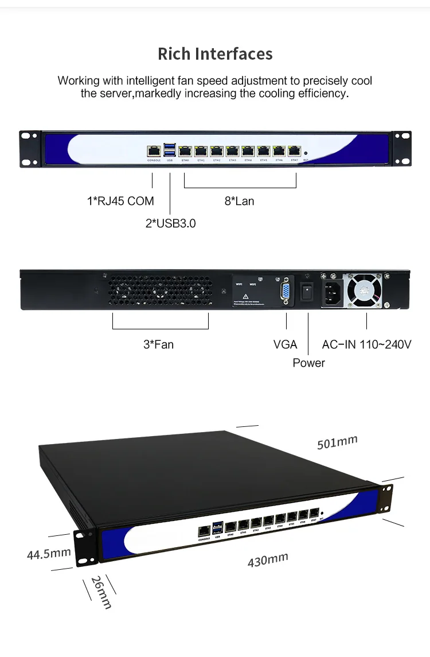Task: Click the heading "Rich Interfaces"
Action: click(x=215, y=54)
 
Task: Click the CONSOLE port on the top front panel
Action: click(x=154, y=151)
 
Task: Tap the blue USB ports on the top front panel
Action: click(x=170, y=150)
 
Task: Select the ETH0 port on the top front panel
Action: click(x=185, y=151)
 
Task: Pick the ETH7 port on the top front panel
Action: click(x=294, y=151)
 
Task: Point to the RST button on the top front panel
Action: click(x=306, y=154)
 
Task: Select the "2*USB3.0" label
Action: click(x=170, y=223)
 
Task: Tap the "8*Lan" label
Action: click(x=239, y=201)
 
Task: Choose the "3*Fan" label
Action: click(x=158, y=345)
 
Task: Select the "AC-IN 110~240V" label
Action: click(x=368, y=345)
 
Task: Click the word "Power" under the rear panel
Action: click(x=308, y=363)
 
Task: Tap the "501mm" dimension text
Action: click(x=337, y=442)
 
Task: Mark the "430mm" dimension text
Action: click(x=268, y=559)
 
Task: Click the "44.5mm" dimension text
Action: click(x=49, y=554)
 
